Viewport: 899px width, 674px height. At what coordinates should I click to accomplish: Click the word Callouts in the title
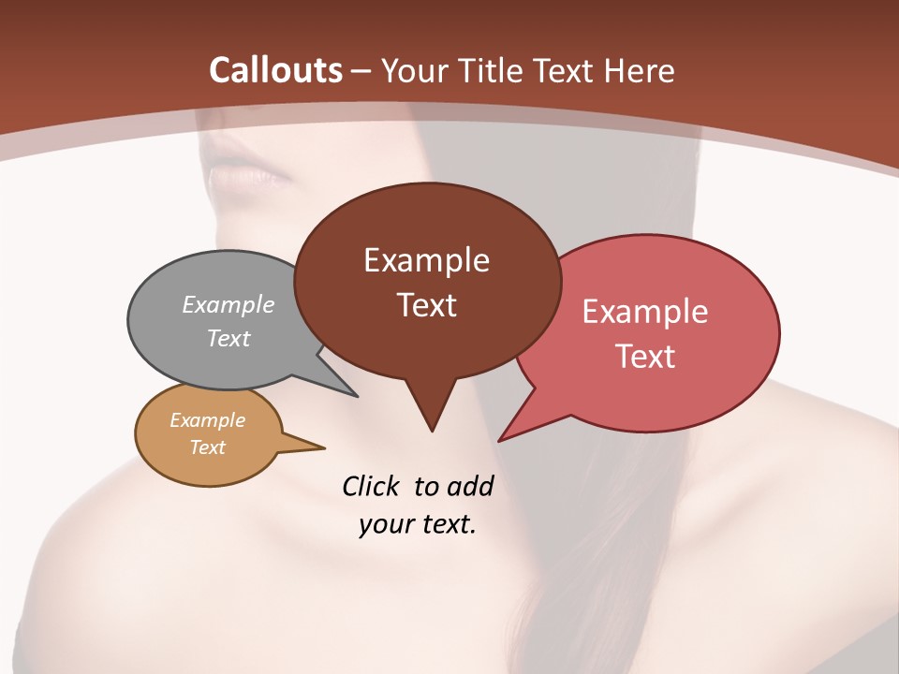[276, 70]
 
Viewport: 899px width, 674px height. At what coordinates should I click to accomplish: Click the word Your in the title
[416, 70]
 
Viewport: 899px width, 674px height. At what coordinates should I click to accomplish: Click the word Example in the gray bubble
[228, 304]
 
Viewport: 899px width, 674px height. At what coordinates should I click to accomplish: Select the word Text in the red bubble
[645, 356]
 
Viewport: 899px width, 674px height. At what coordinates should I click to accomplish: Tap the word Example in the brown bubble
[426, 260]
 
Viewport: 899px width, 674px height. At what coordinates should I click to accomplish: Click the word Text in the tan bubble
[207, 447]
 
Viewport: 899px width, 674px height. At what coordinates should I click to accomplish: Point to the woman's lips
[245, 175]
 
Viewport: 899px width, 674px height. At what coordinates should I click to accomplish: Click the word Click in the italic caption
[372, 486]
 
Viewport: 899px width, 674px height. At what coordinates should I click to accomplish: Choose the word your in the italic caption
[386, 524]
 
